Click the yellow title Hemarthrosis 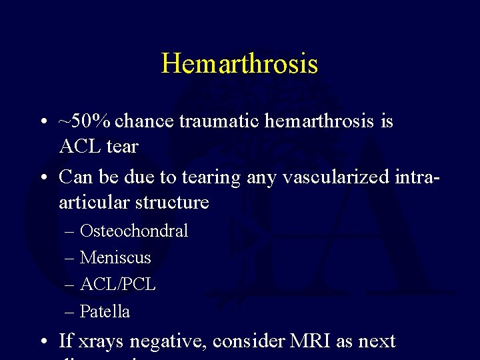[239, 64]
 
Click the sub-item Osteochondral [133, 231]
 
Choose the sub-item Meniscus [115, 258]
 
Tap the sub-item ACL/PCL [118, 285]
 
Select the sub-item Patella [105, 311]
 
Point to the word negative [169, 342]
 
